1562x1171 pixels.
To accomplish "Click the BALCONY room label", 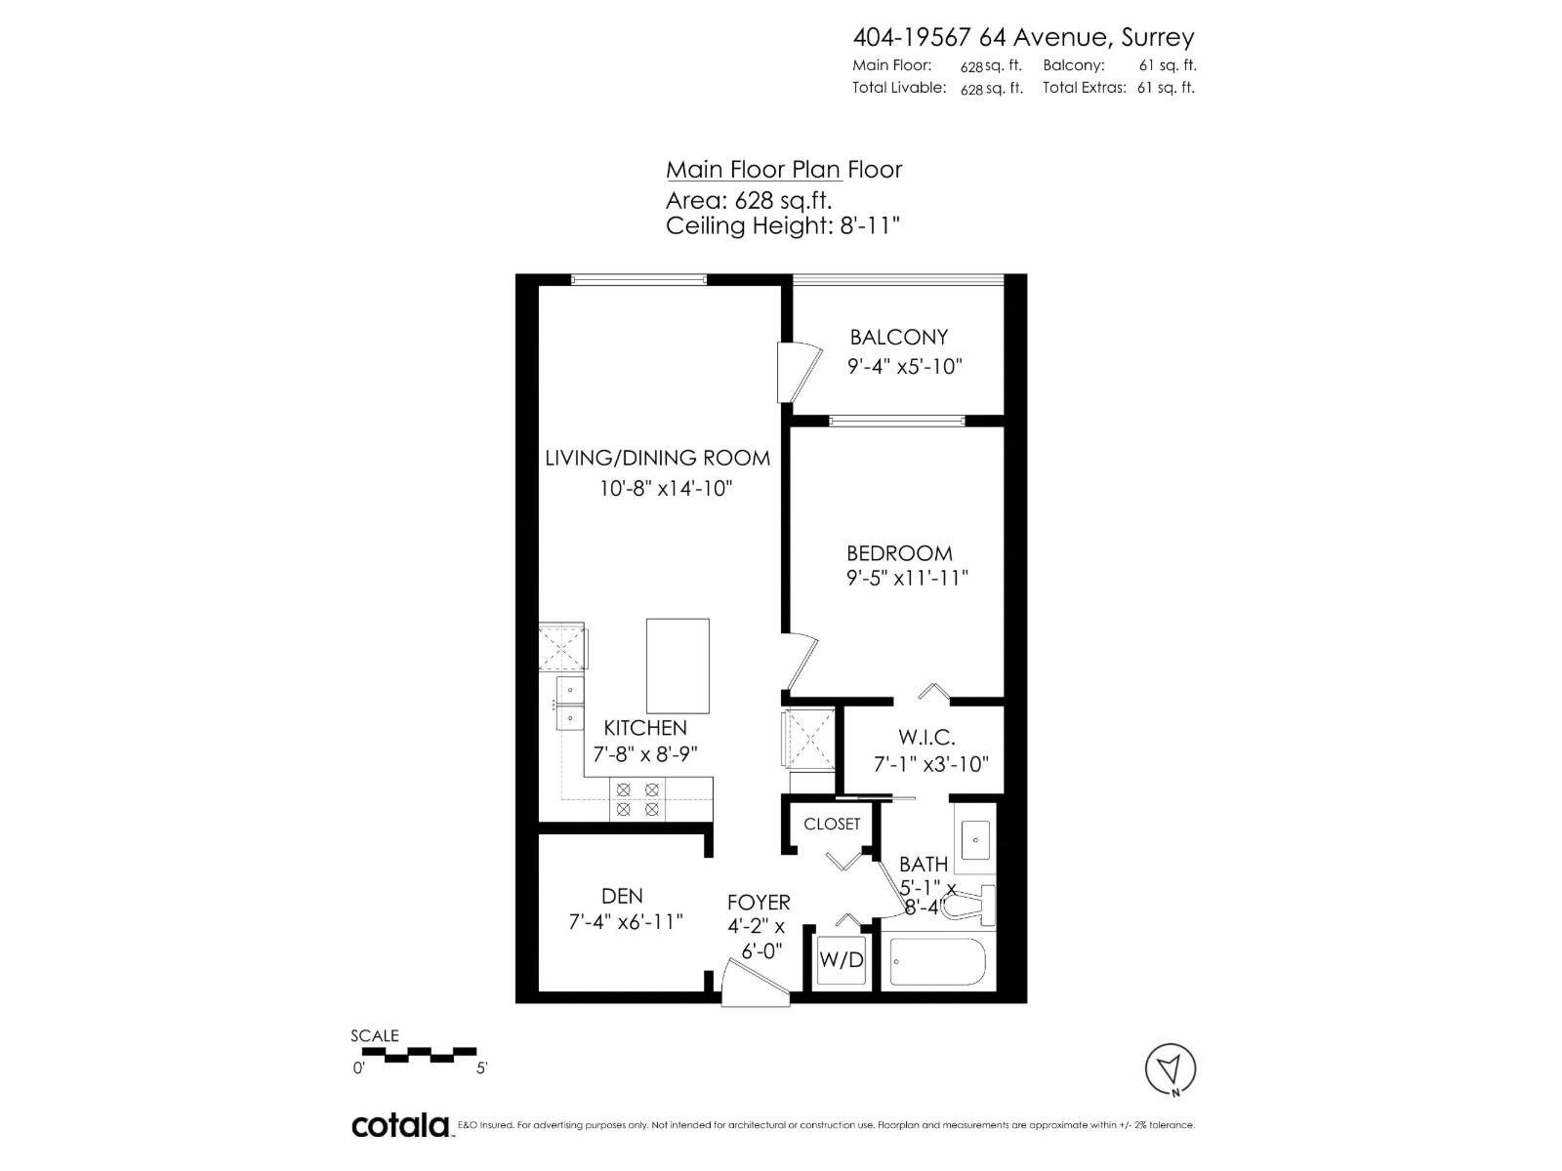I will click(x=898, y=338).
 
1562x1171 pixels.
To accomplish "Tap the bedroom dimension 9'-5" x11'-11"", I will click(x=907, y=578).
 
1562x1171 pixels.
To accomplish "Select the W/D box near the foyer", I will click(x=841, y=960).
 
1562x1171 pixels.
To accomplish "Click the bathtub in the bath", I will click(x=938, y=962).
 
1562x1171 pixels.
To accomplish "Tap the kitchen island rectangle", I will click(x=678, y=666).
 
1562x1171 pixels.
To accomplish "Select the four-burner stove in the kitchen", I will click(x=637, y=799).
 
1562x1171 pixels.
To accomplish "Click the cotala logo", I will click(x=400, y=1125).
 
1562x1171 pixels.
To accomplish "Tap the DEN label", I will click(x=622, y=896).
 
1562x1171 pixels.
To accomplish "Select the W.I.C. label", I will click(x=926, y=738).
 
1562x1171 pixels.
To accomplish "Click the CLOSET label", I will click(x=832, y=825).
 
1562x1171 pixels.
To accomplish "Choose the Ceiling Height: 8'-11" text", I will click(x=782, y=226).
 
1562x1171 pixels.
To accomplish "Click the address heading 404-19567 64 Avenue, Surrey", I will click(x=1023, y=37).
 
